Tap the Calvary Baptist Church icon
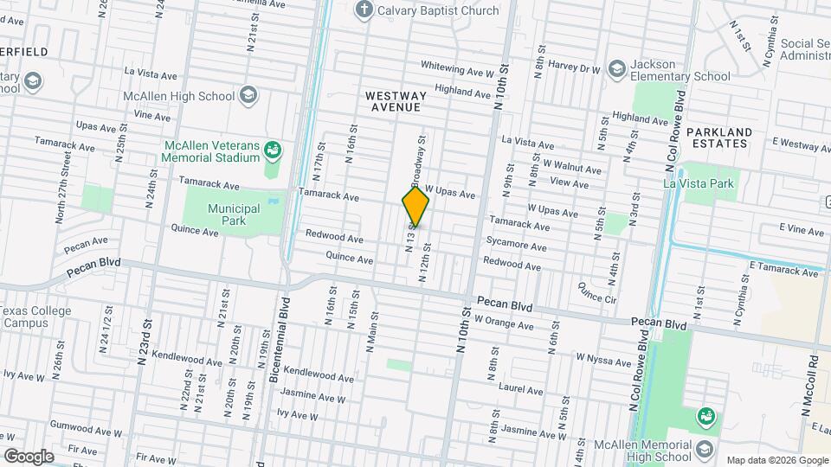[x=364, y=10]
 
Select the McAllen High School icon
[x=249, y=95]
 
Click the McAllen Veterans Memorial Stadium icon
[x=273, y=151]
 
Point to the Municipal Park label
[x=234, y=214]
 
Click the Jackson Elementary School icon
[x=616, y=69]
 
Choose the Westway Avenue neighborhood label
[x=393, y=101]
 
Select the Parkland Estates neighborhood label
[x=718, y=138]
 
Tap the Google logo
[x=28, y=456]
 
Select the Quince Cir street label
[x=597, y=291]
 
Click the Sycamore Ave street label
[x=516, y=246]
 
